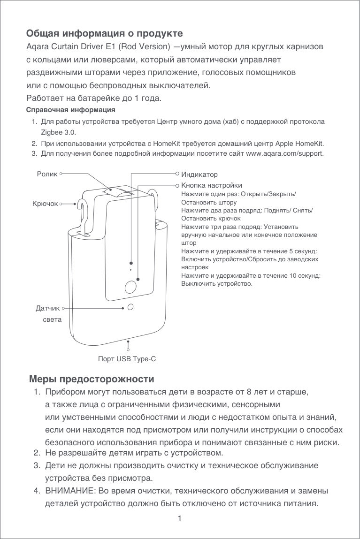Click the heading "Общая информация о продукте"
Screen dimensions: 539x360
104,34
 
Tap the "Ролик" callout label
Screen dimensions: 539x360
47,174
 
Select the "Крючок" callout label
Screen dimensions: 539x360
45,204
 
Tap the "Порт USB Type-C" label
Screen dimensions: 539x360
127,359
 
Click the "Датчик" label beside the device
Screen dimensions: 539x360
47,309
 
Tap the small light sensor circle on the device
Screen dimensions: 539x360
131,307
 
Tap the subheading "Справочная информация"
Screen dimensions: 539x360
71,110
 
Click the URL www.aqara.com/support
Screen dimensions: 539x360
284,153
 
